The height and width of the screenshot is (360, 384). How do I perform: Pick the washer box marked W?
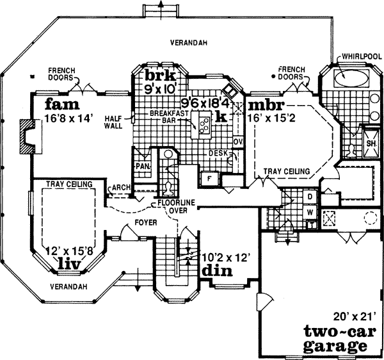[x=309, y=211]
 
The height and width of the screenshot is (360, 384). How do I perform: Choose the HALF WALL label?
[x=113, y=122]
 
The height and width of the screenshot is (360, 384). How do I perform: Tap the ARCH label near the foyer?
[x=121, y=188]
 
